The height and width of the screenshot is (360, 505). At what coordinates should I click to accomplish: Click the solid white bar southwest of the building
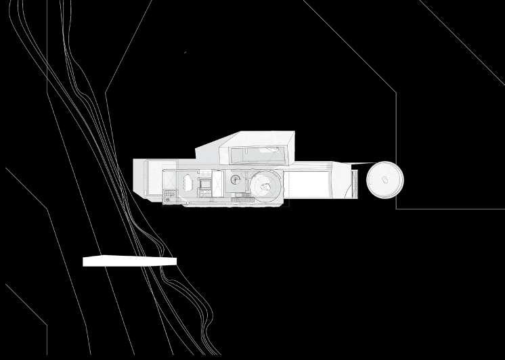coord(129,261)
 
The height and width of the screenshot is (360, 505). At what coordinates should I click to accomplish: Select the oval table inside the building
coord(185,183)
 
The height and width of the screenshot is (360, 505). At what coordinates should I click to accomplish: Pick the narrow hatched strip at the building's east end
coord(354,183)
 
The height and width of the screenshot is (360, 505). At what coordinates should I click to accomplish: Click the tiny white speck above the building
coord(184,52)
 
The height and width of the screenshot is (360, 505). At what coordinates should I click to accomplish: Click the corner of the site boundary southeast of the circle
coord(396,208)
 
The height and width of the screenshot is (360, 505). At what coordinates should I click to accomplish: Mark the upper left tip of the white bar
coord(84,257)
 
